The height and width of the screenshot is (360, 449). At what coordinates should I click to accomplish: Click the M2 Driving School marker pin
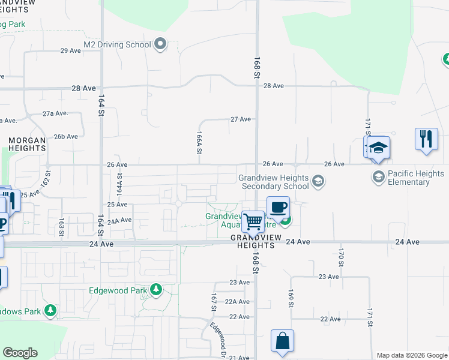coord(160,44)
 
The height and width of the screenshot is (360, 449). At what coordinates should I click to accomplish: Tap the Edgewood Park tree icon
coord(156,290)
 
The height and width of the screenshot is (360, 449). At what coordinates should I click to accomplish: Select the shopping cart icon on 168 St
coord(253,221)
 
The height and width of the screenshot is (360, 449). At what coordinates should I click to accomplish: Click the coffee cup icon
coord(278,207)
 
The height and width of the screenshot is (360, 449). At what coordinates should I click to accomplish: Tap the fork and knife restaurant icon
coord(426,139)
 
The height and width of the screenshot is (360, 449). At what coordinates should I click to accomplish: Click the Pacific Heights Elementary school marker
coord(378,176)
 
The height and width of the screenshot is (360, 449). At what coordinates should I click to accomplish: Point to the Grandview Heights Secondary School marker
coord(318,182)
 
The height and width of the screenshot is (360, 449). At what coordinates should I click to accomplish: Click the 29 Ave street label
coord(71,50)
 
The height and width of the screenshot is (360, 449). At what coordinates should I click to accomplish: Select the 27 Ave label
coord(241,119)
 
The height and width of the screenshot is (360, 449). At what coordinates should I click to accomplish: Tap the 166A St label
coord(198,144)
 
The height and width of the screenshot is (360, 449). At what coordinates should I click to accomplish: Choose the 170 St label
coord(340,257)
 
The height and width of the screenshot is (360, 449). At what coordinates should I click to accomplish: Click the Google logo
coord(20,353)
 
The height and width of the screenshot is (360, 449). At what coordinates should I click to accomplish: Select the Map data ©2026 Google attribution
coord(411,355)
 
